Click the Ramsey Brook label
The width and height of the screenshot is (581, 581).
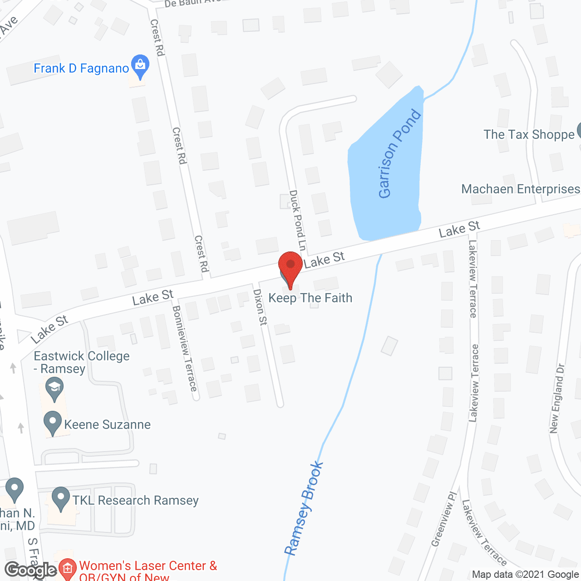tap(304, 508)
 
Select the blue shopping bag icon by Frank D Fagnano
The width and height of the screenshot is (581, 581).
tap(140, 66)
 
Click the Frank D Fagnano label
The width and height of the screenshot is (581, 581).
tap(81, 69)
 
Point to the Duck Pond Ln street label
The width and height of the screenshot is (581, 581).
tap(297, 220)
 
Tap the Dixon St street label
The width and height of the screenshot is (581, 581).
tap(261, 307)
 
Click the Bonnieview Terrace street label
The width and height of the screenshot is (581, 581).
tap(185, 348)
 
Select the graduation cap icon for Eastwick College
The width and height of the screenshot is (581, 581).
tap(54, 389)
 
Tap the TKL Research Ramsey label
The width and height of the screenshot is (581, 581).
tap(135, 500)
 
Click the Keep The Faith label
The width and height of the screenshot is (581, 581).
tap(310, 298)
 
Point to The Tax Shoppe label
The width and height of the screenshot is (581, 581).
tap(529, 134)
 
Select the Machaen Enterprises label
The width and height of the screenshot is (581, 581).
tap(521, 189)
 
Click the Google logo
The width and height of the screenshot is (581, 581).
tap(30, 570)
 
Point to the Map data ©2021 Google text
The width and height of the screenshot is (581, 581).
tap(525, 575)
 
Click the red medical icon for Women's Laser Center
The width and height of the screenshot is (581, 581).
tap(67, 568)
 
